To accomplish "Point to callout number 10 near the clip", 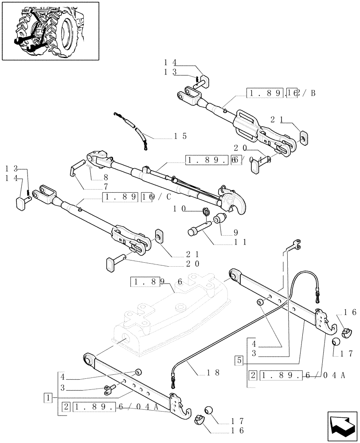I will coord(180,208).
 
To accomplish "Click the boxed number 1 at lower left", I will coord(48,396).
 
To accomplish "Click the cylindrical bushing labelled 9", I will coord(220,219).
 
